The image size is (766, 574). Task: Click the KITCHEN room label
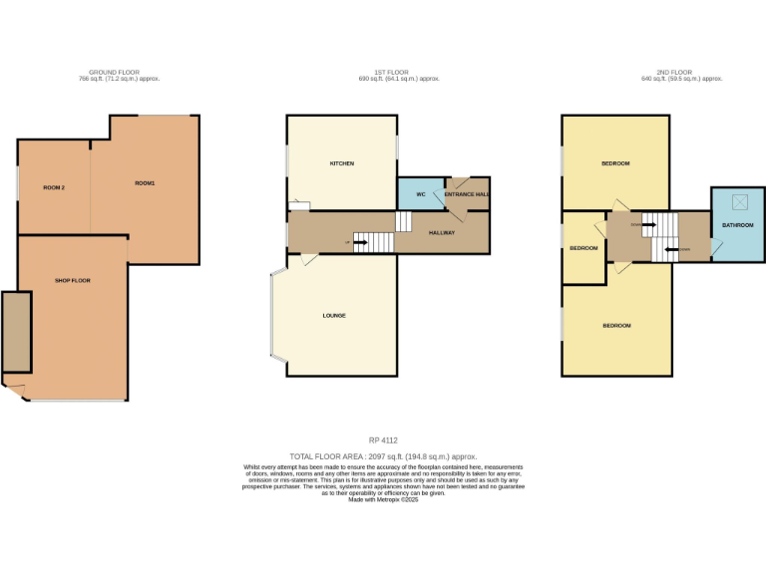(342, 163)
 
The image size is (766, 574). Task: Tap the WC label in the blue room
(421, 194)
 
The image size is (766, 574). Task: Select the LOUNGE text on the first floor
(334, 316)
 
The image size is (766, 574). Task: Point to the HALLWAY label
(442, 233)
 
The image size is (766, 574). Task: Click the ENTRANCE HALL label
(467, 194)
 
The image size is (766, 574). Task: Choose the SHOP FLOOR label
(73, 281)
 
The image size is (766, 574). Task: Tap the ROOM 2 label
(54, 187)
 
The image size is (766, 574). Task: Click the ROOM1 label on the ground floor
(146, 183)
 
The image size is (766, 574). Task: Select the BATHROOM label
(737, 226)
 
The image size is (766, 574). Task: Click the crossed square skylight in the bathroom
(740, 202)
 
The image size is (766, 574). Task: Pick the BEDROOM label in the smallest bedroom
(583, 248)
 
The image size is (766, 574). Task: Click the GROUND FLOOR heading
(112, 72)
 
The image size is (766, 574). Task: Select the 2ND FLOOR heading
(674, 72)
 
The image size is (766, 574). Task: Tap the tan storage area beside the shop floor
(15, 332)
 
